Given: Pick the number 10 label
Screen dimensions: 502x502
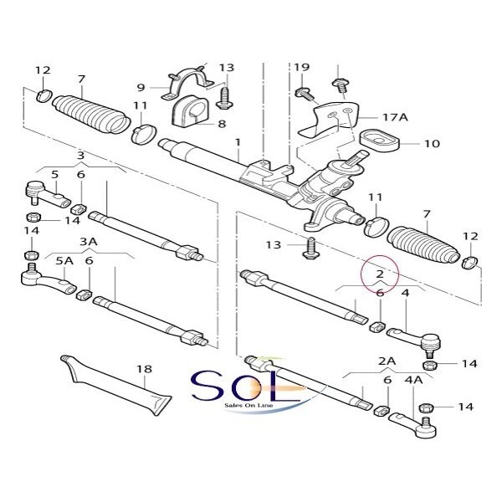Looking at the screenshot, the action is (x=431, y=143).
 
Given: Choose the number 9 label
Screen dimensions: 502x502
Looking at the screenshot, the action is (x=141, y=87).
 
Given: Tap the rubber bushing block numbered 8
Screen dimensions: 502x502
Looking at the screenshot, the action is (x=188, y=115).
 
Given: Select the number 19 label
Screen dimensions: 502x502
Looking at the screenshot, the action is (x=302, y=66).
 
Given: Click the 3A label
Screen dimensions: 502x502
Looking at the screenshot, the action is (x=89, y=240).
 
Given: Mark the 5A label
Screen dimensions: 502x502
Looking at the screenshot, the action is (x=64, y=260).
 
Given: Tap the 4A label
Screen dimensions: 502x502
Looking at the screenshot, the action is (x=414, y=381).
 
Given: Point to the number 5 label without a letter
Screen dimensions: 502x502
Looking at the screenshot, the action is (x=55, y=174).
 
